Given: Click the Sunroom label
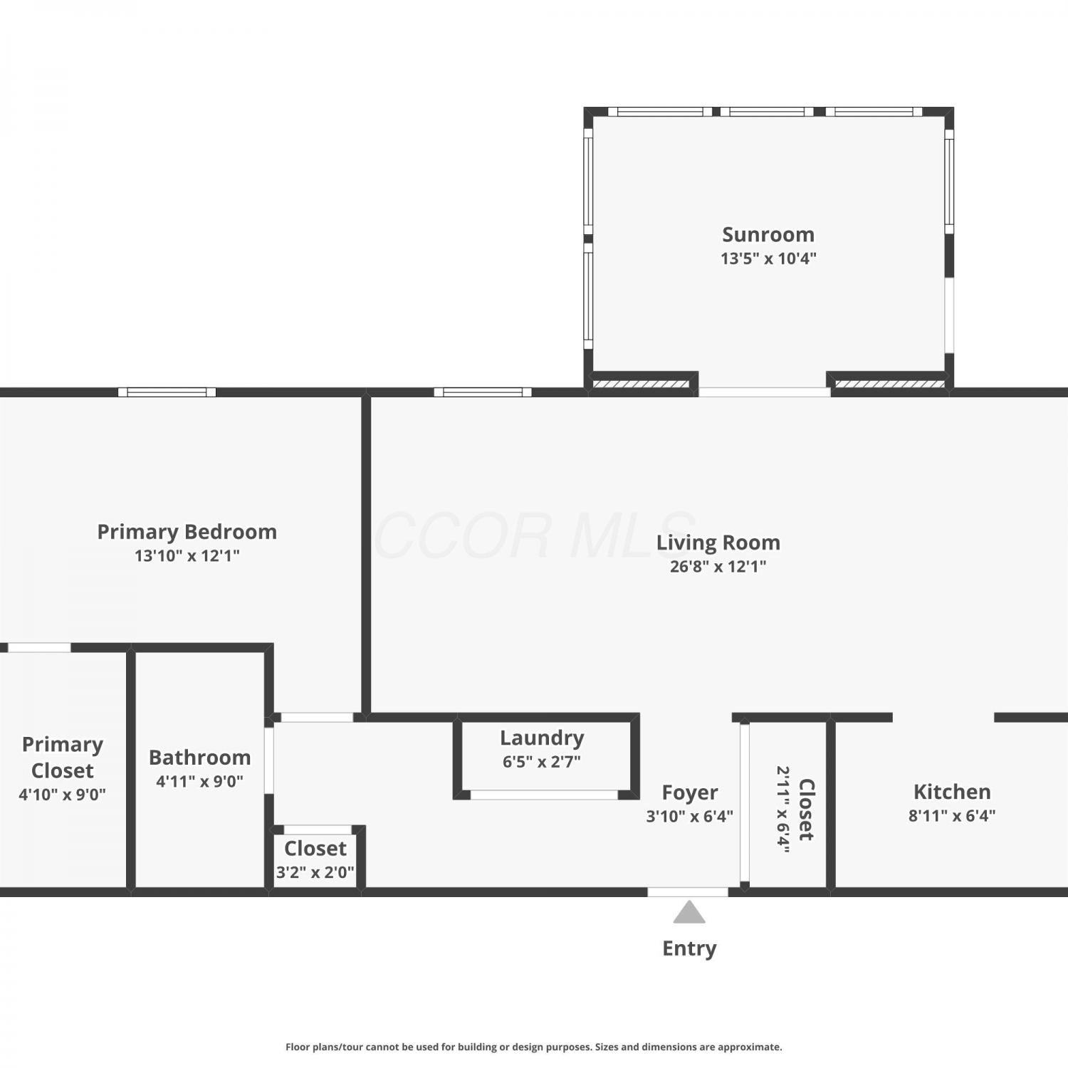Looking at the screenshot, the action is click(768, 234).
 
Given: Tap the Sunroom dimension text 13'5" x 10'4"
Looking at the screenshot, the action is click(768, 258).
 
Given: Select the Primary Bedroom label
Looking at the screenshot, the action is click(187, 532).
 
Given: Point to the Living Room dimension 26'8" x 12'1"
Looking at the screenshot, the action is click(718, 566).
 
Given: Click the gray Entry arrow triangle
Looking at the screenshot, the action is click(689, 913).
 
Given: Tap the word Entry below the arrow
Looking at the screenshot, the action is click(689, 948).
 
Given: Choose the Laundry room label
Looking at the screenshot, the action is click(542, 738).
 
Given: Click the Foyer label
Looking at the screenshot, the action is click(689, 792).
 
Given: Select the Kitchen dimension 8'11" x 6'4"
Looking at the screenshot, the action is click(952, 815).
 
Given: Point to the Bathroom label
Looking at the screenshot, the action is click(199, 758).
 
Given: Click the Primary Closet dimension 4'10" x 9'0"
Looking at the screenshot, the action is click(62, 794).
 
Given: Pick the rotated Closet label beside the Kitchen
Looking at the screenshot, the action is click(806, 810).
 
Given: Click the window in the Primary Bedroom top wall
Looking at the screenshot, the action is click(167, 392).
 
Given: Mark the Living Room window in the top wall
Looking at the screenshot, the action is click(483, 392).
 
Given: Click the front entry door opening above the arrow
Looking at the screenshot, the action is click(688, 892).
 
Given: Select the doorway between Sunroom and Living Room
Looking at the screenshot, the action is click(764, 392).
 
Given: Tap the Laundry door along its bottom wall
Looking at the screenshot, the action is click(544, 795).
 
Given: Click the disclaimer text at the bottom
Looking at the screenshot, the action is click(534, 1047).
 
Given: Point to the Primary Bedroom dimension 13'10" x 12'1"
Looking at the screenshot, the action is click(187, 555).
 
